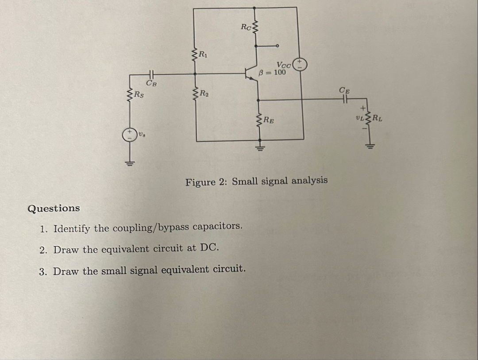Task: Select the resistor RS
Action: pos(131,94)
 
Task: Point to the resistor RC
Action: pos(255,28)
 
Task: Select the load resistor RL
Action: pos(367,119)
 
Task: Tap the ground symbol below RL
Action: pos(367,144)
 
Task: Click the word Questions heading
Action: pos(54,208)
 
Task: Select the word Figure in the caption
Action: pos(200,182)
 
